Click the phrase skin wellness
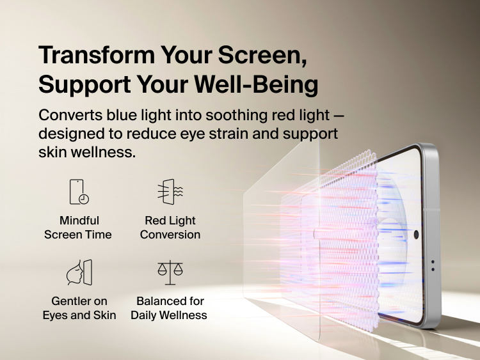(x=86, y=153)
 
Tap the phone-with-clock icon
(x=79, y=192)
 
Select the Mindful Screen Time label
(x=78, y=228)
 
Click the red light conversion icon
(x=170, y=192)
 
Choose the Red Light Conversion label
(x=170, y=228)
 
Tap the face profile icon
(x=79, y=272)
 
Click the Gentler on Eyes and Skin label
(x=79, y=308)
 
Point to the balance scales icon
(x=170, y=272)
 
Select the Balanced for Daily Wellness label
(x=169, y=308)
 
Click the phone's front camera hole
(x=416, y=235)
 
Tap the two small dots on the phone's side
(x=433, y=265)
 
